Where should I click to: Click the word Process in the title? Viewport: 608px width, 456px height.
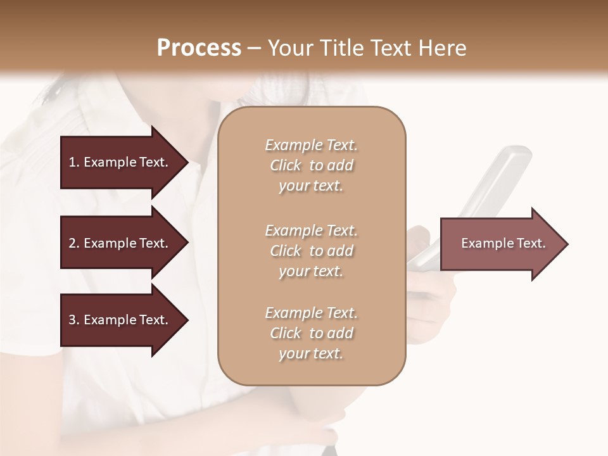point(199,47)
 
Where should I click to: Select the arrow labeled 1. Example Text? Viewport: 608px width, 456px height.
point(120,162)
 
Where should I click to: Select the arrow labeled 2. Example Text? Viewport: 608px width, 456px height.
point(120,243)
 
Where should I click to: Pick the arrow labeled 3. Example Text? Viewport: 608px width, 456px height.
point(120,320)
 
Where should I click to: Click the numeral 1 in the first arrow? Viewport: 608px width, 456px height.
point(72,162)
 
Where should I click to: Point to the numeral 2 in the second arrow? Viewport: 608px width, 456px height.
point(72,243)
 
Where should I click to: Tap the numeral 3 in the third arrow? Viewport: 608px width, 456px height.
point(72,320)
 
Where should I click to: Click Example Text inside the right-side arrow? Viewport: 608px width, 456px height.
point(503,243)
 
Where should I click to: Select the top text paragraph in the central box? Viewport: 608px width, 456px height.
point(311,165)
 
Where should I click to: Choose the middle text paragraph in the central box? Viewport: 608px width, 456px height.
point(311,250)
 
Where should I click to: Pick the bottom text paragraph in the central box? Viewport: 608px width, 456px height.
point(311,333)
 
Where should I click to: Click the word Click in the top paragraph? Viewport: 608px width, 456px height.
point(286,165)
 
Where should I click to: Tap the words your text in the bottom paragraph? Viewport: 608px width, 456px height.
point(311,353)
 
